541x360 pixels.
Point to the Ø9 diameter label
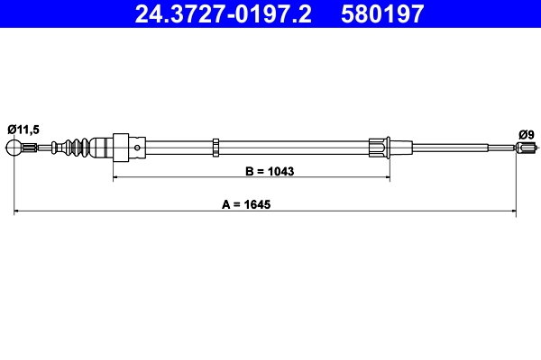(x=527, y=134)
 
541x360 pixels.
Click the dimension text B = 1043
(x=270, y=170)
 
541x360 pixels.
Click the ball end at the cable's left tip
(x=15, y=147)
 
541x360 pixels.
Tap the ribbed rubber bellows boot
(x=78, y=147)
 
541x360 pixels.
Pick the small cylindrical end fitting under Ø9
(x=527, y=148)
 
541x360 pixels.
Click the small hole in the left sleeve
(x=136, y=147)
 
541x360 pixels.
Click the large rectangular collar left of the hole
(x=118, y=147)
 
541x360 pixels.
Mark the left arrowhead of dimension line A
(x=18, y=212)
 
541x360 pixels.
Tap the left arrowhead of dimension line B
(x=115, y=179)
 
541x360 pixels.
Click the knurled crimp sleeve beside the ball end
(x=32, y=148)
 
